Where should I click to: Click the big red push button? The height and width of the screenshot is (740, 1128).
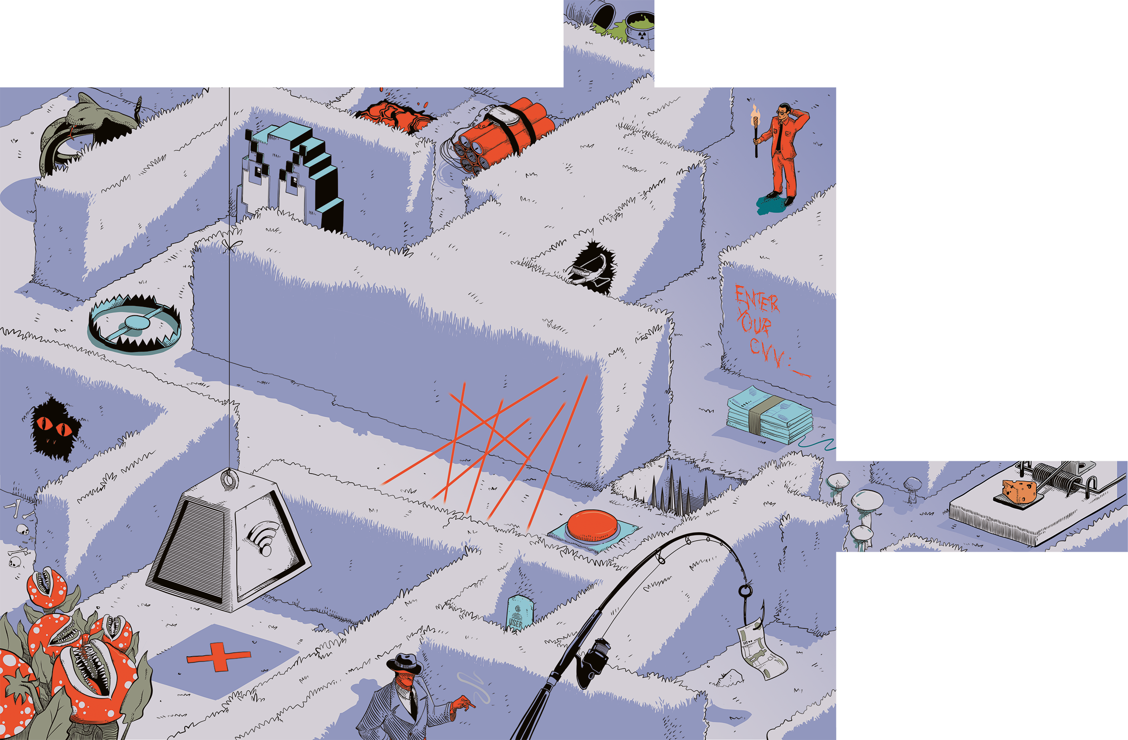click(593, 526)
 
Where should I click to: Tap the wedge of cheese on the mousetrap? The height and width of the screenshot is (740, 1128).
click(1019, 491)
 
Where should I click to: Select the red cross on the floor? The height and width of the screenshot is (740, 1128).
click(219, 657)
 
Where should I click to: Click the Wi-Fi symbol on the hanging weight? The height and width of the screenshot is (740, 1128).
click(261, 537)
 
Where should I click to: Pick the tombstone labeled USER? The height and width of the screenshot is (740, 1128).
click(519, 613)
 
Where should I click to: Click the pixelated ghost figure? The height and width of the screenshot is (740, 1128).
click(292, 176)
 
